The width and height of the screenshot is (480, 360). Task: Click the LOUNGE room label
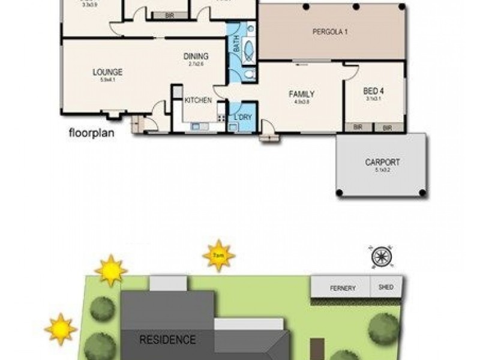108,72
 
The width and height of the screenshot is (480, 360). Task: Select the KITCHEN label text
197,100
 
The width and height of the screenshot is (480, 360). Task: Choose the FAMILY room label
301,94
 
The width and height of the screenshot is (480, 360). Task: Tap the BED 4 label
374,92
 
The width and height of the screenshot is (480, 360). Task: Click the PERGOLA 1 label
330,32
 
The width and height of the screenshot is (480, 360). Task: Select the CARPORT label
382,162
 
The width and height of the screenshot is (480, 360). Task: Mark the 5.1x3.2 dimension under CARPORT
382,170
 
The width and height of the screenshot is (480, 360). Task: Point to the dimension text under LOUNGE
108,79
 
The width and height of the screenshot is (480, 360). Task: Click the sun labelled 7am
218,256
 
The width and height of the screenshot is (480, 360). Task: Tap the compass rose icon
382,256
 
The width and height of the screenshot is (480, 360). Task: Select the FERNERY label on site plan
343,288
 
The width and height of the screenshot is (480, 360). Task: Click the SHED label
386,287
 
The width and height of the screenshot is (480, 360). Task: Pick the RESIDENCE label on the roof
167,340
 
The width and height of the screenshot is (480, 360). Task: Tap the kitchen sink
197,127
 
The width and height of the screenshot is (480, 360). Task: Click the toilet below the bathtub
249,74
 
